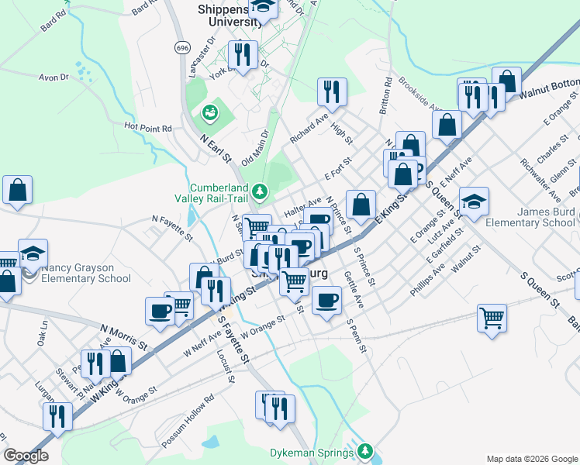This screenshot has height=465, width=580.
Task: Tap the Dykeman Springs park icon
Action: (x=364, y=451)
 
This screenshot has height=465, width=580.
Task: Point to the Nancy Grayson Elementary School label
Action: (x=86, y=273)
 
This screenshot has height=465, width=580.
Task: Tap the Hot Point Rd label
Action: (x=148, y=126)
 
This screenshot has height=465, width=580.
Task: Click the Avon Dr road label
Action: (x=54, y=77)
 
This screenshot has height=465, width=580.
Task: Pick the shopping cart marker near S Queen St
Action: (x=492, y=319)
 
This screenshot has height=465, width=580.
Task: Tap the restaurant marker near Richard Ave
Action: (x=332, y=92)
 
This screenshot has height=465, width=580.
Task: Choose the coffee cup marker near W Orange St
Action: (x=326, y=300)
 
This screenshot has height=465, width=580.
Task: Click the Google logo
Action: (x=26, y=456)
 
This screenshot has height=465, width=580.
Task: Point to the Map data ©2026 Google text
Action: (x=531, y=458)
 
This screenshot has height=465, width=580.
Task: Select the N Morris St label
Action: (x=123, y=335)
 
